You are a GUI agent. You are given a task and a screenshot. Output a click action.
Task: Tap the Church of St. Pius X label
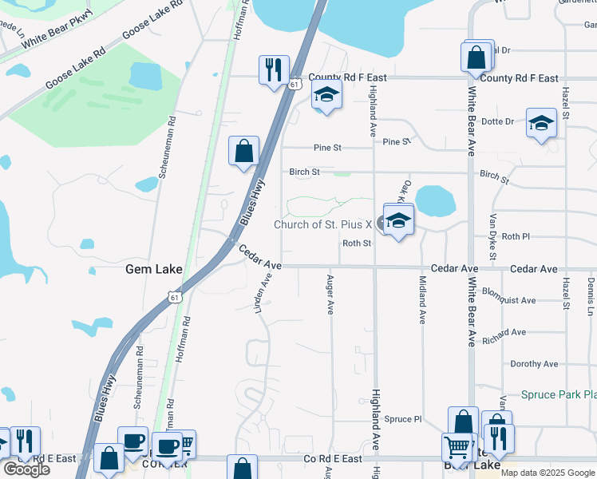click(x=323, y=224)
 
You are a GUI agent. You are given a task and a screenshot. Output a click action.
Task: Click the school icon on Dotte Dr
click(x=541, y=123)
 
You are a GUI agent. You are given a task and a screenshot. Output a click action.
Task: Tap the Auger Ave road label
click(x=330, y=295)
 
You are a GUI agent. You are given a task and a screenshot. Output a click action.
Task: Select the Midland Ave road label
click(x=422, y=299)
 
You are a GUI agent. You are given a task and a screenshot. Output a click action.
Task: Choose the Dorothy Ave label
click(x=534, y=364)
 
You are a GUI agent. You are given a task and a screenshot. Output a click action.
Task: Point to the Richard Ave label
click(x=504, y=332)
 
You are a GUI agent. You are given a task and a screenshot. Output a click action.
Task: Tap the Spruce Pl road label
click(x=402, y=419)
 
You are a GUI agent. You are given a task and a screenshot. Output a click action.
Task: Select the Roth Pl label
click(x=516, y=237)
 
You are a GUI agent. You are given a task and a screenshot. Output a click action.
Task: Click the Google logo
click(x=26, y=469)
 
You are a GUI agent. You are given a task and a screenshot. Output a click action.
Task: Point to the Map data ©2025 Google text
click(x=547, y=473)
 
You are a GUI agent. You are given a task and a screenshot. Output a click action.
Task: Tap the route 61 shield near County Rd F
click(x=295, y=83)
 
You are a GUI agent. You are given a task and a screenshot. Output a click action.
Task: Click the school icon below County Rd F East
click(x=326, y=95)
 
